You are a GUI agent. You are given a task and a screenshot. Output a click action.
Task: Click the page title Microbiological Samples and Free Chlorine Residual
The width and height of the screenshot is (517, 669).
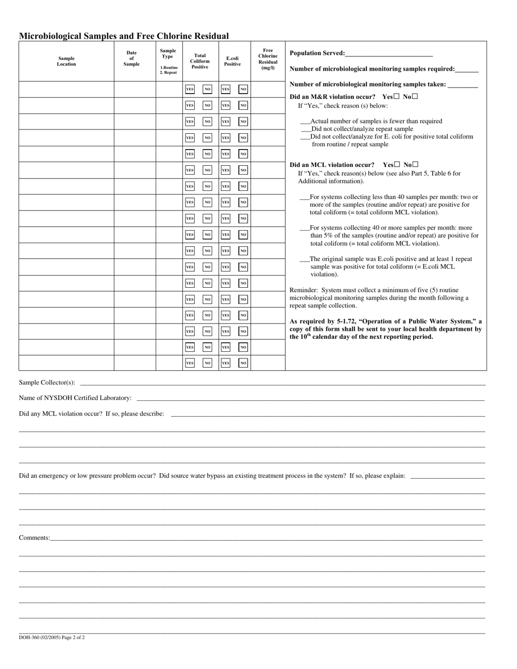pyautogui.click(x=124, y=36)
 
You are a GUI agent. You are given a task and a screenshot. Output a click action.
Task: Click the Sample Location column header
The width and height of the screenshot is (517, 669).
pyautogui.click(x=66, y=61)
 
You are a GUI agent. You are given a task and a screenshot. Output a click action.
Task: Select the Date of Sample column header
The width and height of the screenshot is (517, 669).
pyautogui.click(x=132, y=58)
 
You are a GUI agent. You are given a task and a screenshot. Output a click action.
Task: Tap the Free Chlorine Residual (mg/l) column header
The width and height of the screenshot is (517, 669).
pyautogui.click(x=268, y=59)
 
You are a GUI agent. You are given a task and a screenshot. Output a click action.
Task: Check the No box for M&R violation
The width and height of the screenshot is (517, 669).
pyautogui.click(x=415, y=96)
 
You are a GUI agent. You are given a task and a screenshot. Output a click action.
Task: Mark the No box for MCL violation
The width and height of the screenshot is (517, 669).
pyautogui.click(x=416, y=164)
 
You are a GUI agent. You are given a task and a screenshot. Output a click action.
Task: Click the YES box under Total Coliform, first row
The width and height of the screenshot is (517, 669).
pyautogui.click(x=189, y=89)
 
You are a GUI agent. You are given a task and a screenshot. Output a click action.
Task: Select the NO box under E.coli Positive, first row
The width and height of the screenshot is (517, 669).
pyautogui.click(x=243, y=89)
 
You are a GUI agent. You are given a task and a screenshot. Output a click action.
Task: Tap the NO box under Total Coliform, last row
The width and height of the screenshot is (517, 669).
pyautogui.click(x=207, y=363)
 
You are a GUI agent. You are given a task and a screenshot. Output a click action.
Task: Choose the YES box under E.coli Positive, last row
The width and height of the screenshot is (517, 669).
pyautogui.click(x=225, y=363)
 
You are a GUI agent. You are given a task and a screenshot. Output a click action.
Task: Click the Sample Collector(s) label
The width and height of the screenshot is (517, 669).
pyautogui.click(x=47, y=382)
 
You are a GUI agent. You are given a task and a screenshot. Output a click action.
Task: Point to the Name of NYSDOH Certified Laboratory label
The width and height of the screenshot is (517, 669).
pyautogui.click(x=75, y=398)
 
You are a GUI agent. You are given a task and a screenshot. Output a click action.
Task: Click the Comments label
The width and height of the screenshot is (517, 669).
pyautogui.click(x=34, y=538)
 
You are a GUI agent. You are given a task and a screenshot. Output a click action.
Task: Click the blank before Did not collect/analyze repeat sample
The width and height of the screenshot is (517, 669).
pyautogui.click(x=306, y=129)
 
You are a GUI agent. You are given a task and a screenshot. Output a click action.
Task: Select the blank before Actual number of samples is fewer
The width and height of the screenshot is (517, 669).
pyautogui.click(x=305, y=122)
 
